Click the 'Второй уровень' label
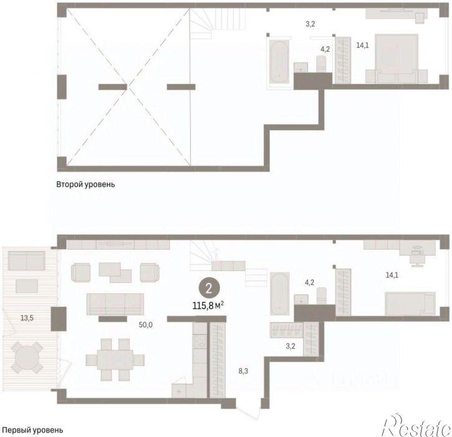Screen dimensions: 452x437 point(85,185)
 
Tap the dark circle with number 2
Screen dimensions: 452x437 point(209,289)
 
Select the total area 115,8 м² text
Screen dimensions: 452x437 point(208,305)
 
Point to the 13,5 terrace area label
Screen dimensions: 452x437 point(27,318)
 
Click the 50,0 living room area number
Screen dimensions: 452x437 point(145,325)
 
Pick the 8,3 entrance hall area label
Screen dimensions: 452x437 point(243,372)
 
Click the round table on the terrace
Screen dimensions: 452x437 point(27,357)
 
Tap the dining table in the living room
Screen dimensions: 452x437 point(115,360)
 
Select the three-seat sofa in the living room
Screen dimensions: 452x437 point(115,304)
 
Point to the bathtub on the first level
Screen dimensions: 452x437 point(280,294)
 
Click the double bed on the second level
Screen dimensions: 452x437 point(397,59)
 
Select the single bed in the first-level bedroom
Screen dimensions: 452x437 point(410,304)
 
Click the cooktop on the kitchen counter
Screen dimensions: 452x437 point(200,341)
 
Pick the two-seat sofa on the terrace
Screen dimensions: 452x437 point(27,261)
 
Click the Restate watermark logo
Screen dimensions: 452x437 point(416,425)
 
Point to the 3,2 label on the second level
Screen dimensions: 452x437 point(310,24)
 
